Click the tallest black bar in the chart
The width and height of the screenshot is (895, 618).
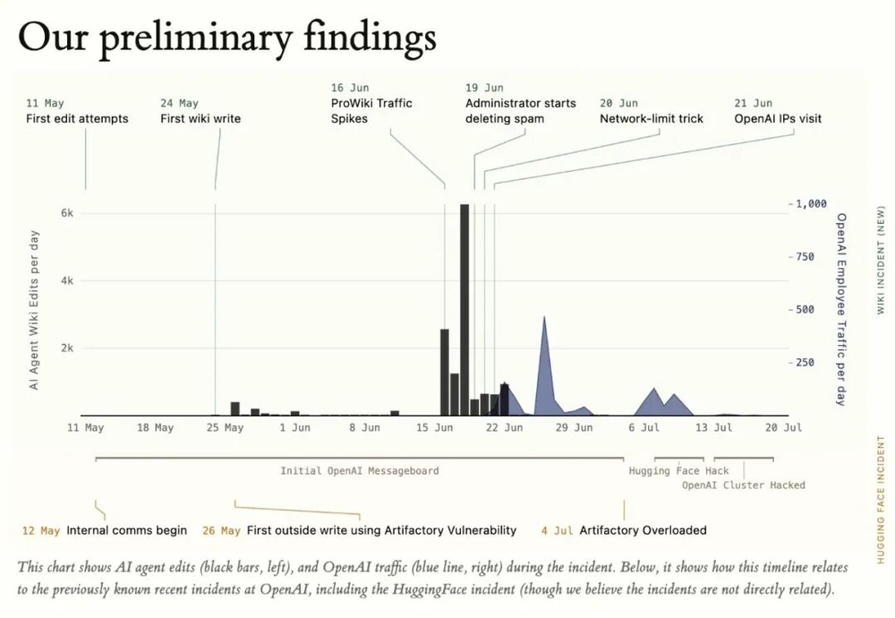pos(465,310)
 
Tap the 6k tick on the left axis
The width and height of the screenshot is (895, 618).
pos(67,213)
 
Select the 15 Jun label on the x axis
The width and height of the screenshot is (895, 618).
pos(434,427)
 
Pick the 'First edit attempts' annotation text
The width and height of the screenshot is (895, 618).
pos(77,119)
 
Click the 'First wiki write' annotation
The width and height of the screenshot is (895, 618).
pos(200,119)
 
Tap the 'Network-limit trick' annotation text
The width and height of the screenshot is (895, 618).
pos(652,119)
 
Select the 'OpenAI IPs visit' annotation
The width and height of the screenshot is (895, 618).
pos(778,119)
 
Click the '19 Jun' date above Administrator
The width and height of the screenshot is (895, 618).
pos(484,88)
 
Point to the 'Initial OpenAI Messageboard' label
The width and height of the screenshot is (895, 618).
pos(360,470)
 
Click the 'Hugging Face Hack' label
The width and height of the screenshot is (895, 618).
pos(678,470)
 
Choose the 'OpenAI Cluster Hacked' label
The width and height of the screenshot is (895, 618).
pos(743,485)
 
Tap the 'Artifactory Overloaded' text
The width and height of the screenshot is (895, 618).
pos(643,530)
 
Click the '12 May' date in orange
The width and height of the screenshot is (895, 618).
pos(41,530)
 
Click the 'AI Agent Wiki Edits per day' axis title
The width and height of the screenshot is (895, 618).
pos(34,310)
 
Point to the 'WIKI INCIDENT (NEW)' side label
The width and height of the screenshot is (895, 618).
pos(881,260)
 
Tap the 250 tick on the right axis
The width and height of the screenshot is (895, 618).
pos(805,363)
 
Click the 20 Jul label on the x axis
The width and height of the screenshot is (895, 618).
pos(783,427)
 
